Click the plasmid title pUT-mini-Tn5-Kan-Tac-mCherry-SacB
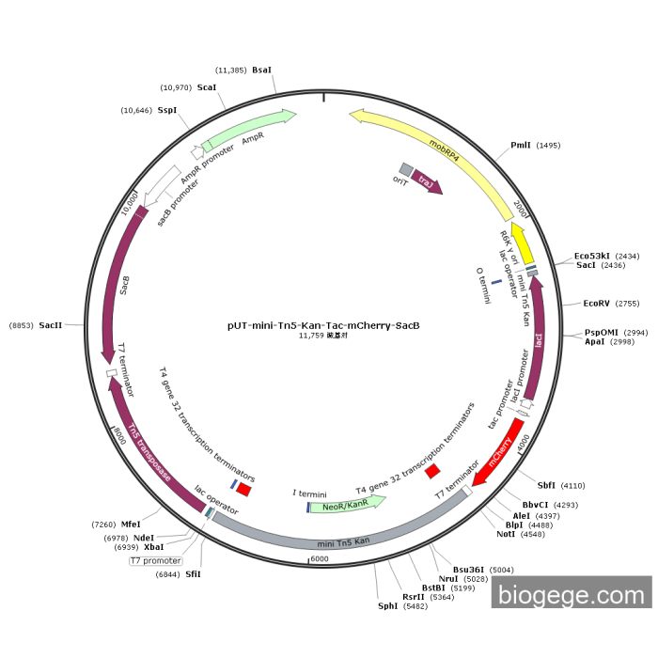(x=323, y=326)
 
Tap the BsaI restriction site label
(x=261, y=70)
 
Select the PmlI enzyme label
(x=521, y=146)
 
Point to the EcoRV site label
(x=597, y=304)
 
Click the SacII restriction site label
(x=51, y=324)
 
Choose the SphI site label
(x=387, y=606)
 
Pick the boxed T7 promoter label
(x=154, y=561)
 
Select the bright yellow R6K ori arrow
(x=523, y=243)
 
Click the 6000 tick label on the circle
(x=320, y=559)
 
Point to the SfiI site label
(x=193, y=574)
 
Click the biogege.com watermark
(x=571, y=594)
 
